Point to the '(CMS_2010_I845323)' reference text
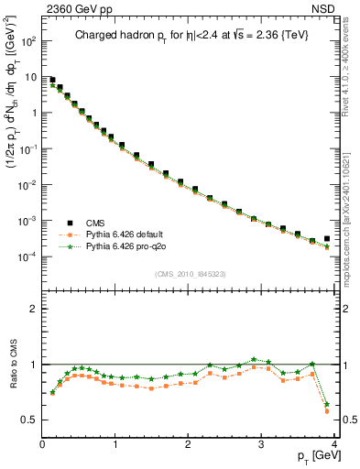point(191,273)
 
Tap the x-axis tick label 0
point(42,444)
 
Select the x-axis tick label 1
point(115,444)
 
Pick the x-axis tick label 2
point(189,444)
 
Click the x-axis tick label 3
point(262,444)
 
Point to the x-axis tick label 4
point(334,444)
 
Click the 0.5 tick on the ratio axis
point(30,420)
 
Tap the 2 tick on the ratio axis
point(34,309)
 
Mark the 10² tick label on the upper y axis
point(29,41)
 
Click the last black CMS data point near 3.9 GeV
point(327,239)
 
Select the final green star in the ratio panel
point(327,403)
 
